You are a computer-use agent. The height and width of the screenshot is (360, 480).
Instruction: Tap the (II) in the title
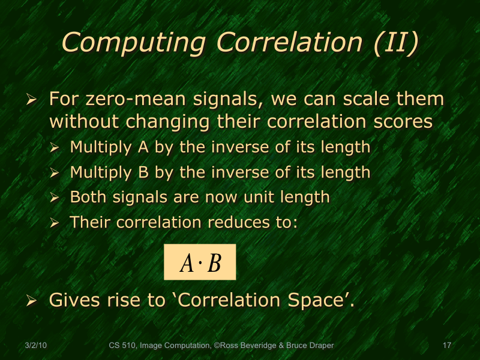395,43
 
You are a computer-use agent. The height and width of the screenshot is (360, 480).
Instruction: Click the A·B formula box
200,262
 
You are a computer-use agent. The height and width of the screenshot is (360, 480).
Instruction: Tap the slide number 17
446,346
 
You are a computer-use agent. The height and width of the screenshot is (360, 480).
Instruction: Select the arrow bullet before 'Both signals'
55,197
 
